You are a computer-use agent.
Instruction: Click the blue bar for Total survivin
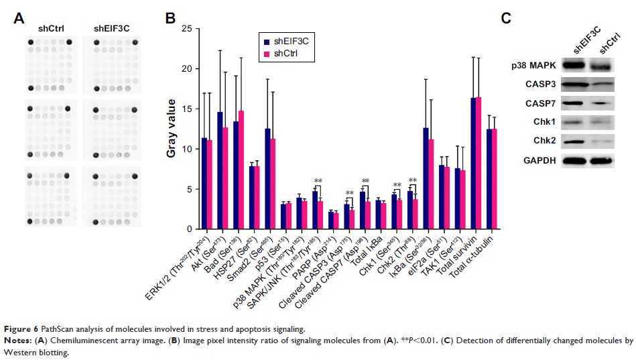(473, 164)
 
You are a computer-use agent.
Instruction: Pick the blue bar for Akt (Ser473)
(220, 170)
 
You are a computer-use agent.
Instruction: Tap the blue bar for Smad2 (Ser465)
(268, 178)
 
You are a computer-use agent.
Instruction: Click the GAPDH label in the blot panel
(539, 161)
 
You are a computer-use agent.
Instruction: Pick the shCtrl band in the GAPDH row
(605, 161)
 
